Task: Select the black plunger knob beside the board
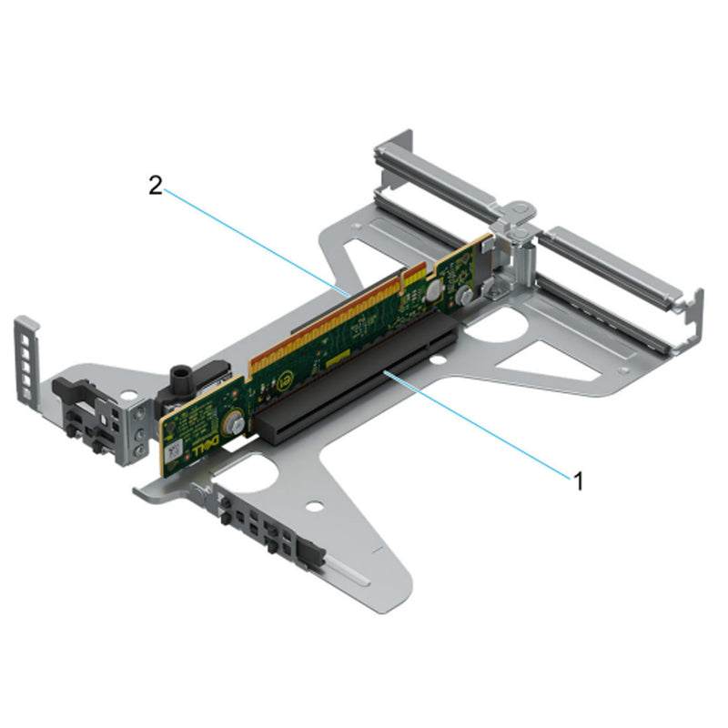click(178, 375)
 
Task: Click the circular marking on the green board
click(285, 378)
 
